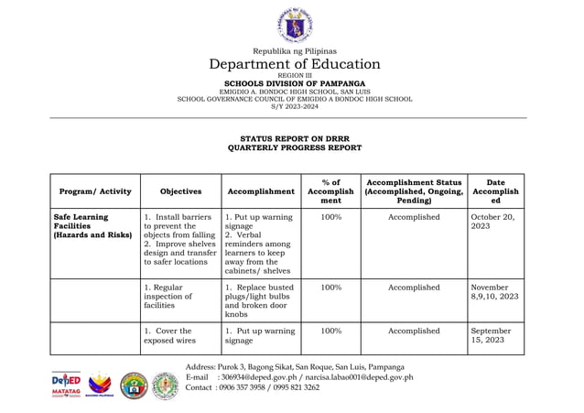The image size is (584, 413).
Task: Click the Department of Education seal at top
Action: (x=294, y=24)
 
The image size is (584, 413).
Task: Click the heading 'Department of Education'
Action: (x=294, y=64)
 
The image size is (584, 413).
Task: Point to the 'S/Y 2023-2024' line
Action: (x=294, y=106)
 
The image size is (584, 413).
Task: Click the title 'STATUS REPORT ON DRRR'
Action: (x=294, y=138)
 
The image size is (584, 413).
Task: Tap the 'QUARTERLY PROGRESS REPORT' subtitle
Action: (x=294, y=147)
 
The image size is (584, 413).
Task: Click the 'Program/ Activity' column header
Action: (x=94, y=191)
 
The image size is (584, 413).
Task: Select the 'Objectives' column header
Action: (x=179, y=191)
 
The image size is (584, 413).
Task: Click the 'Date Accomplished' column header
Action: (x=495, y=191)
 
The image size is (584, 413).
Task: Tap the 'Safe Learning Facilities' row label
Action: (x=93, y=226)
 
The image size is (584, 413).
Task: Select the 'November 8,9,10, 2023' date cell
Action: (x=495, y=292)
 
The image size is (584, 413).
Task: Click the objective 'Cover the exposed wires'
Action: (x=171, y=336)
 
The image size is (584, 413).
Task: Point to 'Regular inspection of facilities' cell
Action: (x=171, y=297)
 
